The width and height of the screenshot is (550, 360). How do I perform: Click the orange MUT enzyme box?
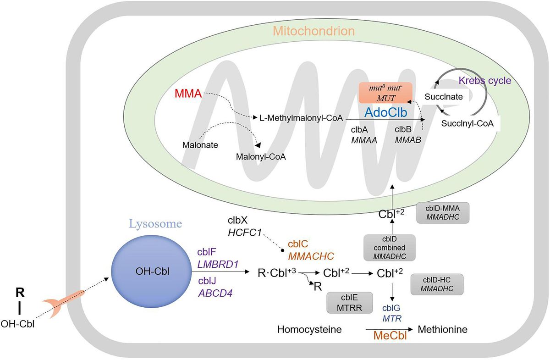[386, 94]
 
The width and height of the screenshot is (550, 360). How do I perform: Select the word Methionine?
[443, 329]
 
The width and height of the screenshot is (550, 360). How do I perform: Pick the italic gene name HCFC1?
[245, 233]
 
